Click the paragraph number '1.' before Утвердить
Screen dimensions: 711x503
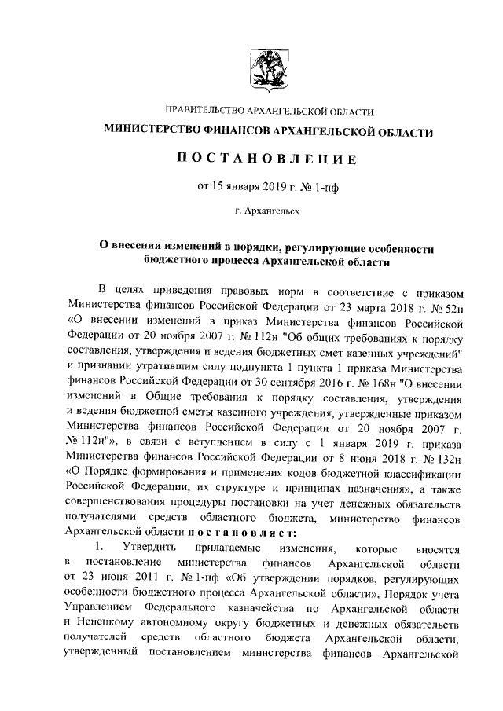pyautogui.click(x=98, y=545)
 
